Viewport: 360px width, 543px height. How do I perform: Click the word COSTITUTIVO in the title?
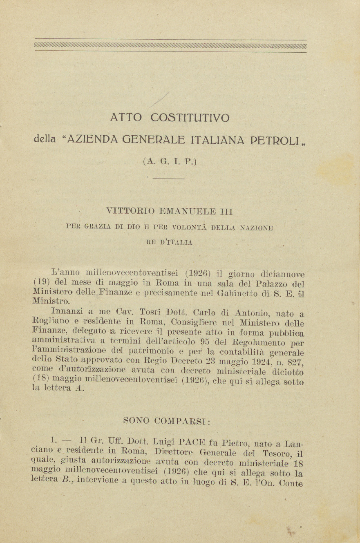tap(190, 118)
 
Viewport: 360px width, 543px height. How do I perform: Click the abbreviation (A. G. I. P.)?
tap(170, 161)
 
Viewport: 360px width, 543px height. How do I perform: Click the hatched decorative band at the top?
tap(170, 46)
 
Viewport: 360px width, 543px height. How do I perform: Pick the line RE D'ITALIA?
tap(169, 242)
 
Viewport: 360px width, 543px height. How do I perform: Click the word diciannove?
tap(282, 274)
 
